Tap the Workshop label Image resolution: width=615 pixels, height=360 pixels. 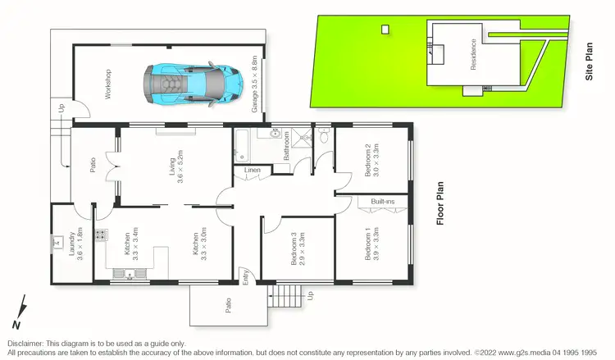click(x=107, y=84)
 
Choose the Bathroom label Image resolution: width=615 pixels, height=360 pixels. click(x=287, y=144)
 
